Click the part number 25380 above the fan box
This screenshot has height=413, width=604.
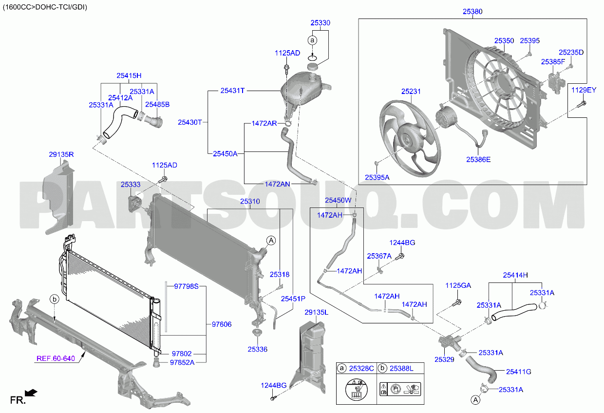tap(472, 12)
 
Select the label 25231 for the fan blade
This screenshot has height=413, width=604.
tap(411, 92)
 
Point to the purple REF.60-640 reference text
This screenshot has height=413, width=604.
tap(56, 358)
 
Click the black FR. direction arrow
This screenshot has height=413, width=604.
tap(31, 393)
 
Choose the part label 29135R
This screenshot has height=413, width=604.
tap(61, 154)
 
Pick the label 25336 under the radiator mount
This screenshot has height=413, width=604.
tap(258, 349)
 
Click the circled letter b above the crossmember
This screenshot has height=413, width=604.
tap(55, 299)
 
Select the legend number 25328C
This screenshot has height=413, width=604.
tap(361, 368)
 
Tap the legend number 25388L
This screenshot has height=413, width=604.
tap(401, 368)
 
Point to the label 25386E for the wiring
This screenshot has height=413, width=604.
tap(478, 160)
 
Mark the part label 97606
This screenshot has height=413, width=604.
tap(222, 324)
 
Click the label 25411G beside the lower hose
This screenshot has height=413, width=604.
tap(519, 372)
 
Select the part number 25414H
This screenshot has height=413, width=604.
tap(515, 275)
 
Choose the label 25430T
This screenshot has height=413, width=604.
tap(190, 122)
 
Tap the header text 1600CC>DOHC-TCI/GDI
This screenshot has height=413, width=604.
tap(45, 7)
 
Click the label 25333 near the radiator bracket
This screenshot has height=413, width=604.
tap(131, 185)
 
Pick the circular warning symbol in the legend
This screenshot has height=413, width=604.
tap(356, 389)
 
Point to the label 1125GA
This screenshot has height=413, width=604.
tap(458, 285)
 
